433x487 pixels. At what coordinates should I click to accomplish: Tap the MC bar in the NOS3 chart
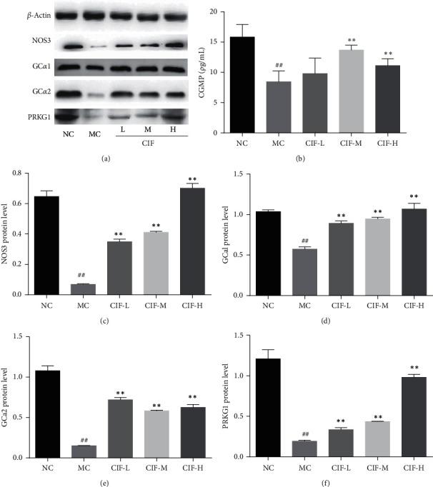pyautogui.click(x=80, y=289)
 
